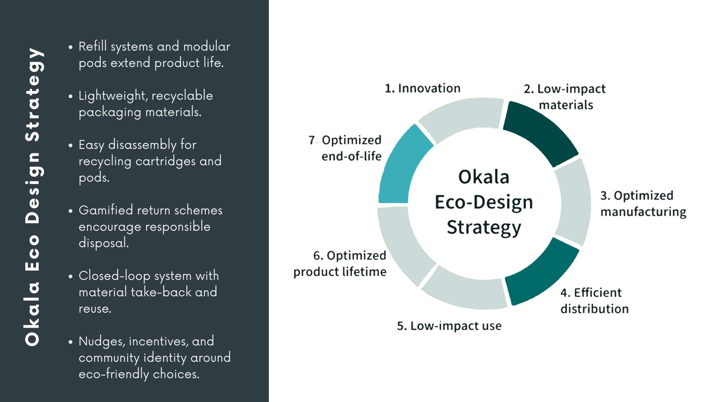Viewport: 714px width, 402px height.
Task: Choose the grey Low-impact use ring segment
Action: point(465,292)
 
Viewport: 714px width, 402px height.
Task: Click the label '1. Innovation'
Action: point(422,88)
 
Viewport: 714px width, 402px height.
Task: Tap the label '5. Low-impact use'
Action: point(449,326)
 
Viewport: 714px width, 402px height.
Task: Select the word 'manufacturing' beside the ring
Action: point(643,212)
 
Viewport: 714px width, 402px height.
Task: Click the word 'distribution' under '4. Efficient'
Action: point(594,309)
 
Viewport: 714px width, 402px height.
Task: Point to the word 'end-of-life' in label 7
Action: point(351,156)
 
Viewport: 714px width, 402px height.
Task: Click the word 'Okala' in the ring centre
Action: point(483,177)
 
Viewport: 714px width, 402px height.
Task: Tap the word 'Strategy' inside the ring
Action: point(483,227)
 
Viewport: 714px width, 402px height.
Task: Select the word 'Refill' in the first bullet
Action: point(93,47)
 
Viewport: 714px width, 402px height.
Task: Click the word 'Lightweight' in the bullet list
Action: point(110,96)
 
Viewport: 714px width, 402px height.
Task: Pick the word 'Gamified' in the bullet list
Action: point(106,210)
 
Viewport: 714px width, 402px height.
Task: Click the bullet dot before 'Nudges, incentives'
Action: point(70,342)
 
